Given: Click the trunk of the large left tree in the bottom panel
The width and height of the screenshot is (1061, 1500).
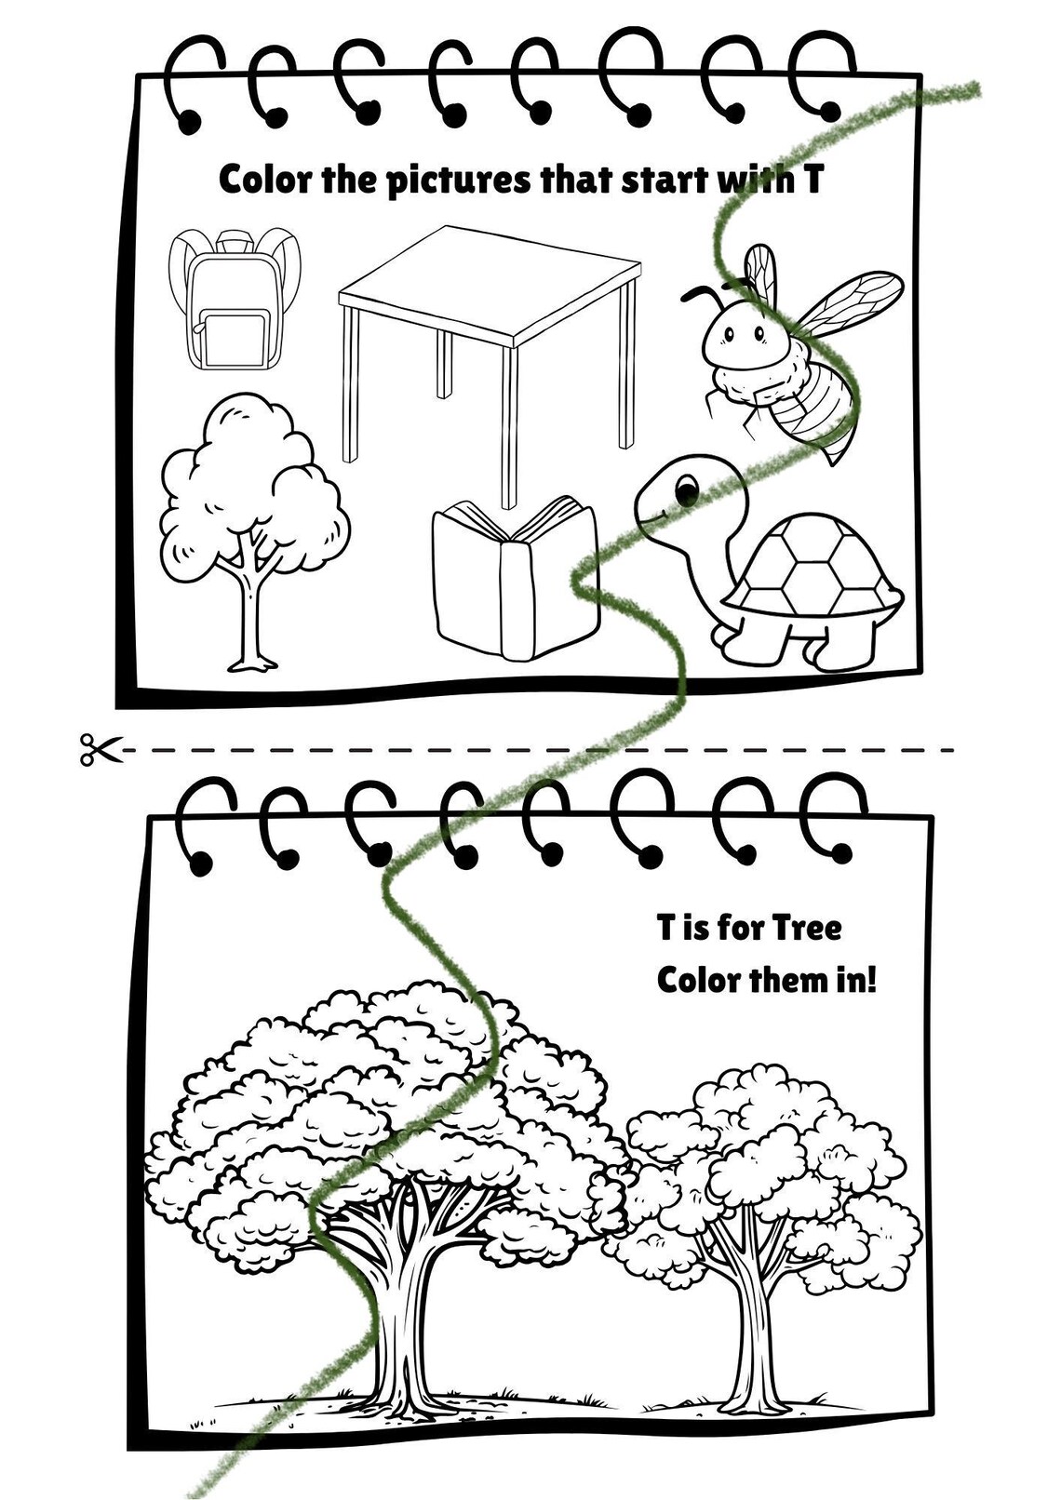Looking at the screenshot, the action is point(402,1312).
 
